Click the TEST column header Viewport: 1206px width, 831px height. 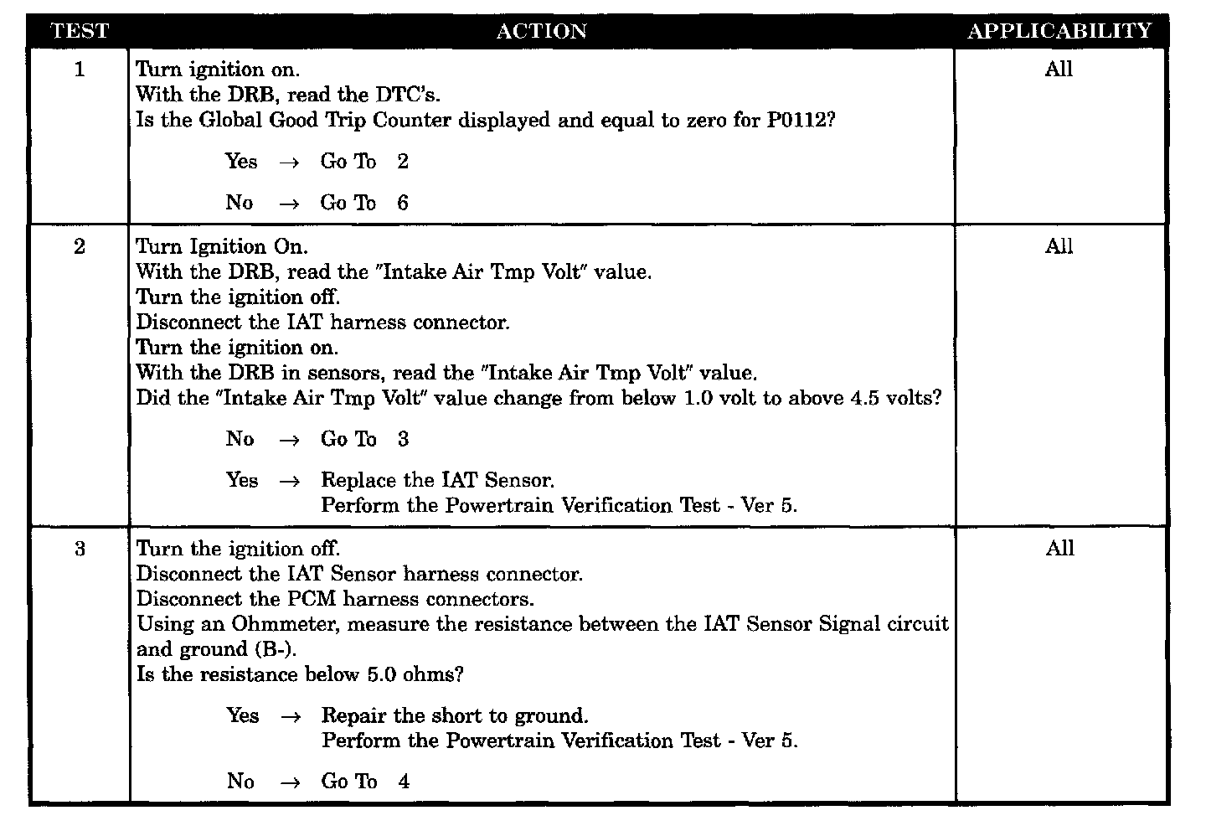[80, 32]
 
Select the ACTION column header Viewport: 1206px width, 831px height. [541, 32]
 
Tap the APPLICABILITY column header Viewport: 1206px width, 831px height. [1059, 31]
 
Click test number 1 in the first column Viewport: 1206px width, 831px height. [80, 70]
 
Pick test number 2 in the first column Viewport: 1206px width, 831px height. [80, 247]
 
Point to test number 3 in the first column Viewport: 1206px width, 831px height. [80, 550]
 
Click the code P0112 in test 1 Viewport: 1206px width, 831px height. [800, 120]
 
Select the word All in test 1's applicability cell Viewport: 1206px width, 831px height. [1059, 70]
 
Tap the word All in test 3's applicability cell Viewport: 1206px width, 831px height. [1059, 549]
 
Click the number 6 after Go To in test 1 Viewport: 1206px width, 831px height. [403, 203]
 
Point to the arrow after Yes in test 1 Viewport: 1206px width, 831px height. [289, 163]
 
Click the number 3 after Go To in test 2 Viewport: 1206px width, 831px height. [403, 439]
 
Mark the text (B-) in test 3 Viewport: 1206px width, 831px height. [280, 650]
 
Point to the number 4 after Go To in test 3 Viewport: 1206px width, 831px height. [404, 782]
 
